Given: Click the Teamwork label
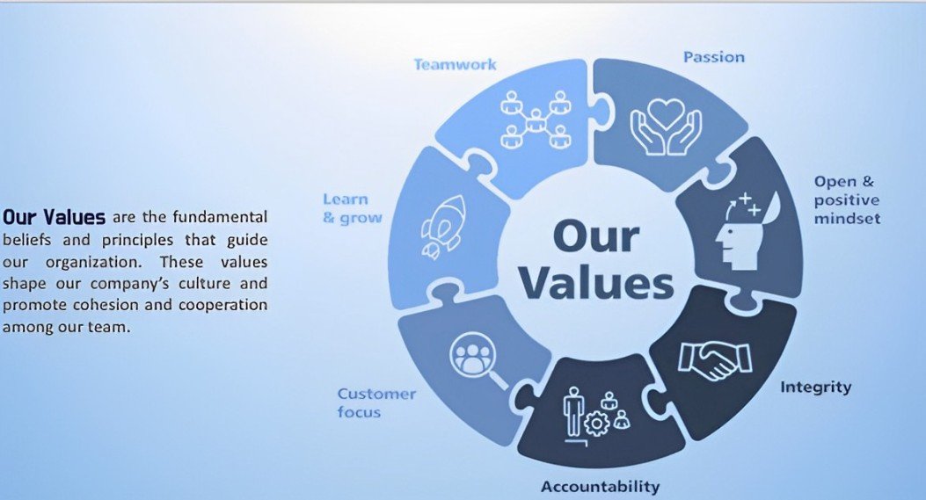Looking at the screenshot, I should click(455, 64).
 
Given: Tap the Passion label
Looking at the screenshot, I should click(713, 57).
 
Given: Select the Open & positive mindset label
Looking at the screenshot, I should click(846, 199).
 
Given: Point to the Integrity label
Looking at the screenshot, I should click(816, 387).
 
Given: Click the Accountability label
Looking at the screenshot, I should click(600, 486).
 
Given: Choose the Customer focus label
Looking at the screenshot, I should click(376, 402).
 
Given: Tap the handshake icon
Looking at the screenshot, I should click(714, 359).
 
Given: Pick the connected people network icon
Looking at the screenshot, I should click(532, 119).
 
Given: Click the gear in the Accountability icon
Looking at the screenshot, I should click(597, 424).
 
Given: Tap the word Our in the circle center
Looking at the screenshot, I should click(595, 237).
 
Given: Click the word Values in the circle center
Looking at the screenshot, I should click(595, 285).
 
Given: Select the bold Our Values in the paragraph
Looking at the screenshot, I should click(55, 216).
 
